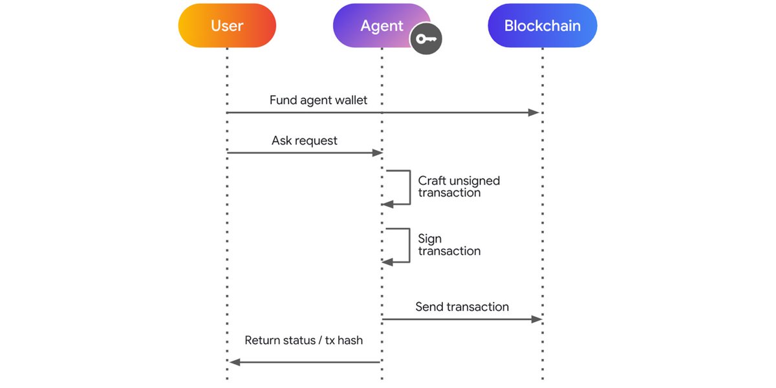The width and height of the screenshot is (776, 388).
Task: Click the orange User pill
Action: (x=227, y=26)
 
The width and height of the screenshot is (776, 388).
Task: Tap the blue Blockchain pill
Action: (x=542, y=26)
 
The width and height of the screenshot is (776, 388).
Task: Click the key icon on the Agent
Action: (x=426, y=39)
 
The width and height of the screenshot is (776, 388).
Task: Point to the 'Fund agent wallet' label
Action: (x=318, y=100)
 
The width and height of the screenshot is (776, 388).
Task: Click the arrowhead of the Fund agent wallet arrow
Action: (x=533, y=113)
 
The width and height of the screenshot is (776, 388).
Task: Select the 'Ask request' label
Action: (x=304, y=140)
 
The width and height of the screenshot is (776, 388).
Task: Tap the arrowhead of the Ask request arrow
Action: (x=378, y=153)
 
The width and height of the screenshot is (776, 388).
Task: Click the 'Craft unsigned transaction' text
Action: (x=458, y=186)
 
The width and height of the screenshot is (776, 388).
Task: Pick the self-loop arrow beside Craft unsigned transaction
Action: (x=409, y=188)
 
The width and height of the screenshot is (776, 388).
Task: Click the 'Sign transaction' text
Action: (x=449, y=244)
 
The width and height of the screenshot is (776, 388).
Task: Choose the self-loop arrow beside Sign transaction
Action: (x=409, y=246)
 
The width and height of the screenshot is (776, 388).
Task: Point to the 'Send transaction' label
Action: (x=462, y=307)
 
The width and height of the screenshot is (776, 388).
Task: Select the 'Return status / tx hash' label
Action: (x=303, y=340)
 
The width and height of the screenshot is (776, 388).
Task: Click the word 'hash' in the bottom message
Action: (x=350, y=340)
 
